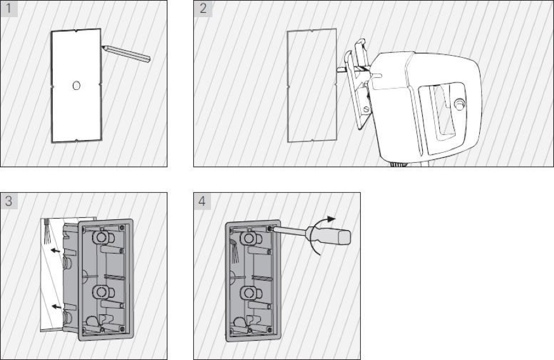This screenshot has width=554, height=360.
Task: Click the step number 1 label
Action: point(9,8)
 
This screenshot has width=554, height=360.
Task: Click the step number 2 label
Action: point(203,8)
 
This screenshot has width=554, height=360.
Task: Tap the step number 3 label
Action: point(9,201)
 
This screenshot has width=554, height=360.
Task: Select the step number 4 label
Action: point(202,201)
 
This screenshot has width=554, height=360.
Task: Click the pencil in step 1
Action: point(126,53)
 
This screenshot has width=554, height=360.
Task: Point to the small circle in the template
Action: point(76,86)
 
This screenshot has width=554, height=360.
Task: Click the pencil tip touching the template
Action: point(103,46)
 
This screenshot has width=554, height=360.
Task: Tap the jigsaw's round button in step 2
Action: point(459,103)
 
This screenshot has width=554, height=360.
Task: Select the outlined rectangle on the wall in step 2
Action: point(312,86)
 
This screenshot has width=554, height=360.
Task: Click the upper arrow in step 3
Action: point(55,250)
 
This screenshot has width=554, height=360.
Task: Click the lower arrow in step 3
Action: point(56,306)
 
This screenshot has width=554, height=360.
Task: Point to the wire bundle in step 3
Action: point(47,231)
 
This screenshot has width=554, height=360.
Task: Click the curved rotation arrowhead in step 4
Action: point(331,219)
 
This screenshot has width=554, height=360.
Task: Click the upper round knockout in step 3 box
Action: point(101,237)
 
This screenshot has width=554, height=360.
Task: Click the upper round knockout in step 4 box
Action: point(248,238)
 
